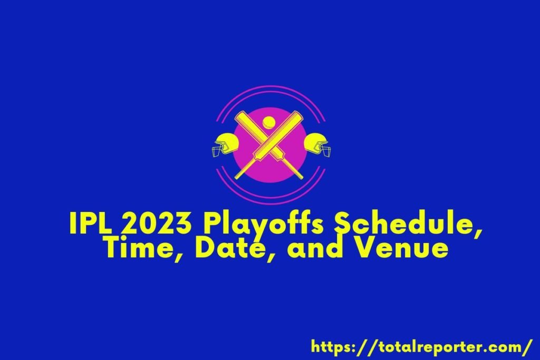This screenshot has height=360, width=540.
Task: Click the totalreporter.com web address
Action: coord(421,347)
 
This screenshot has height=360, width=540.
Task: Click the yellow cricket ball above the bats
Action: coord(268,122)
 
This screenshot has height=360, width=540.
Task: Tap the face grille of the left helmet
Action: coord(217,151)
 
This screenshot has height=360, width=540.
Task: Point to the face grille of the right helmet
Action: coord(326,151)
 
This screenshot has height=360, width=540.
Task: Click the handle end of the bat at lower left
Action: coord(238,176)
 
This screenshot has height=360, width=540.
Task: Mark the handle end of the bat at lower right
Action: coord(300,176)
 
